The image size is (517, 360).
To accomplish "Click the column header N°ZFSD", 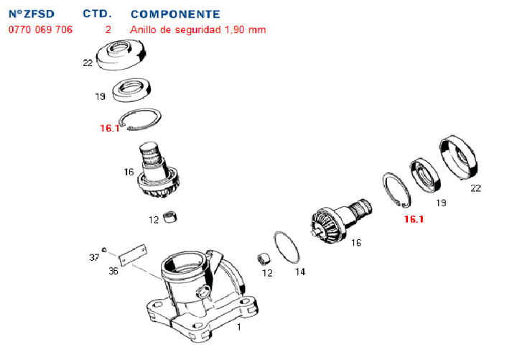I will coord(32,14).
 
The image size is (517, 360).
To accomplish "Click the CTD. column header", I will coord(97,14).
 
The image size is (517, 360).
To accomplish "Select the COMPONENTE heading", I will coord(175,14).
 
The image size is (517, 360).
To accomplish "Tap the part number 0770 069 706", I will coord(40,29).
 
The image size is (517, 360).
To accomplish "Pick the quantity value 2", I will coord(108,29).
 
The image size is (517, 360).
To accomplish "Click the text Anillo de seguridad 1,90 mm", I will coord(198,29).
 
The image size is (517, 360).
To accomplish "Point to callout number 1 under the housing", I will coord(239,327).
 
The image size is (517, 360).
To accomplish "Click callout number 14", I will coord(300,272).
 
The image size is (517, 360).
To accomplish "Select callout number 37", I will coord(94,257).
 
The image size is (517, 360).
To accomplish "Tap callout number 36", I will coord(113,271).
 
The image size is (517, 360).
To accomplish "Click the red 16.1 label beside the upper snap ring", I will coord(109,129).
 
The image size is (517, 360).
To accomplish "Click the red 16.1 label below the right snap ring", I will coord(414,219).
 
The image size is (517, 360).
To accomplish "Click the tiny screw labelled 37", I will coord(104,249).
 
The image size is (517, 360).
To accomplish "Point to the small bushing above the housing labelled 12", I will coord(171,216).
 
